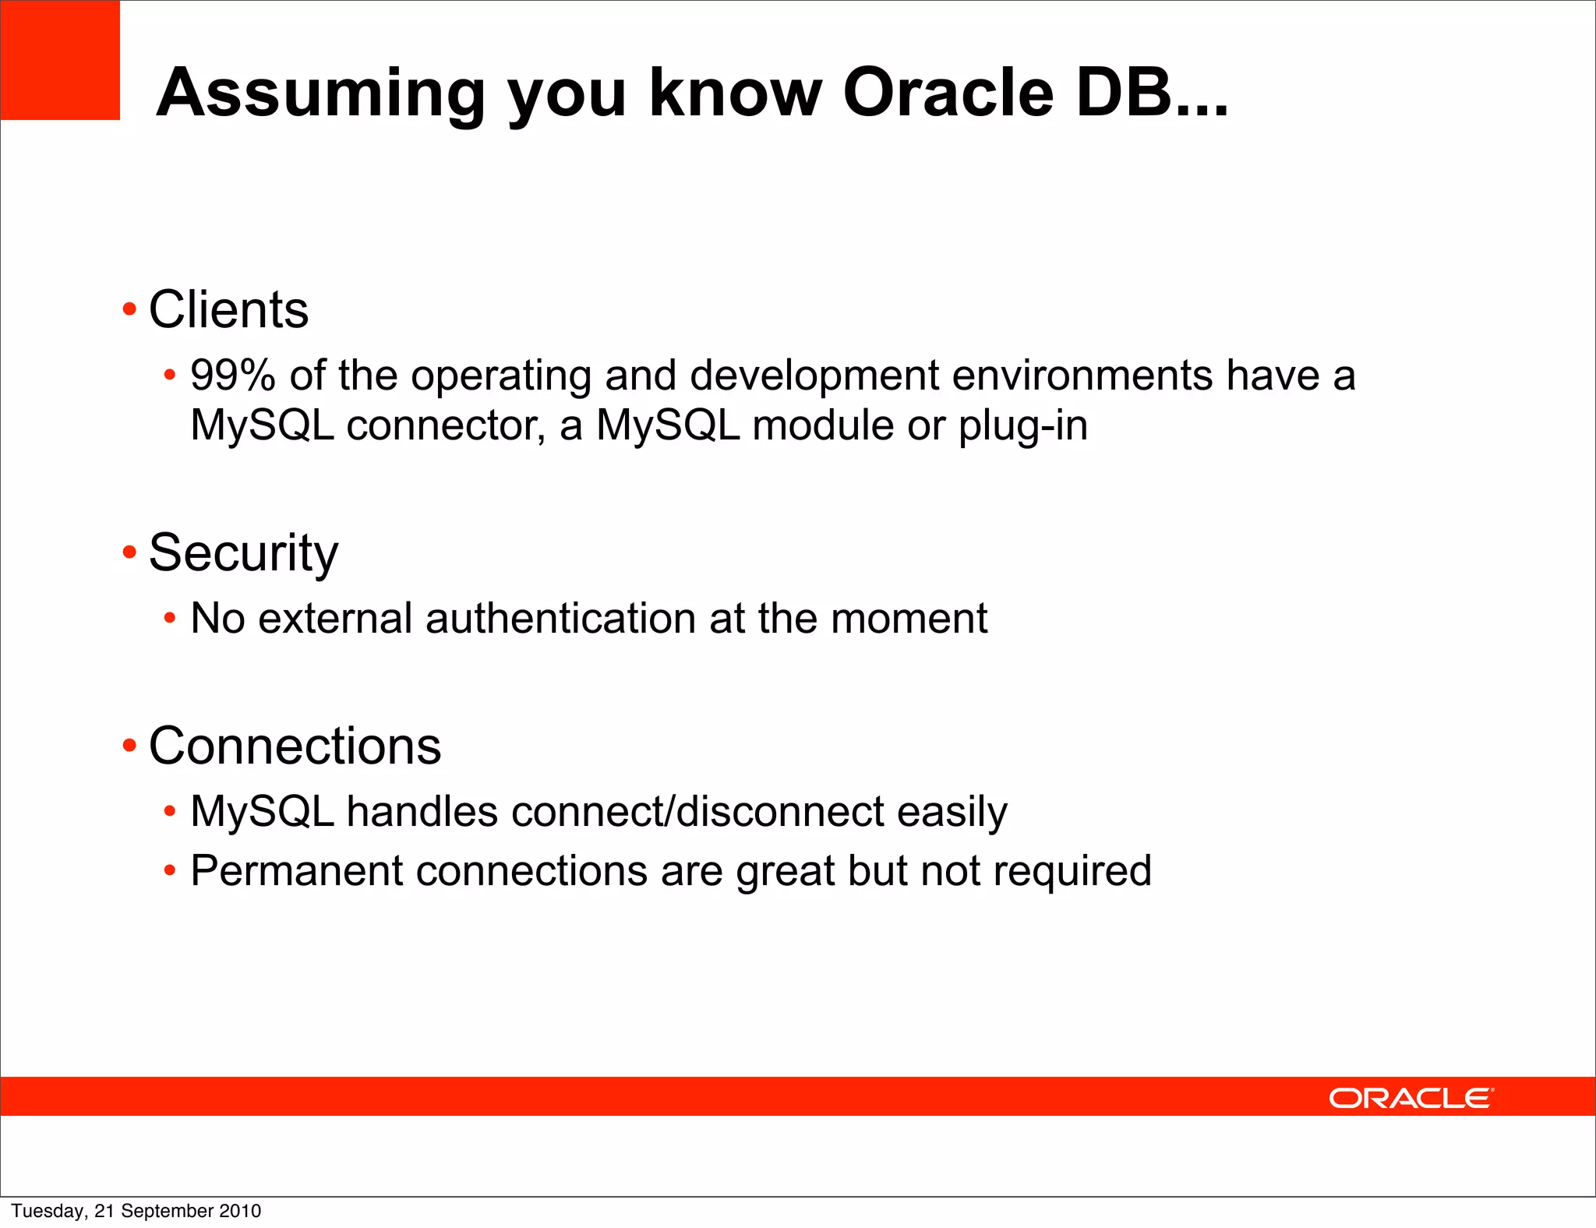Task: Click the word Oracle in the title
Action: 948,93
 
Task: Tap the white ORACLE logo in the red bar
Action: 1411,1098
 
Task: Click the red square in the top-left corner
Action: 60,60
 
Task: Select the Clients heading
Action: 228,310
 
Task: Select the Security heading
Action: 243,553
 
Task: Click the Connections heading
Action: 295,746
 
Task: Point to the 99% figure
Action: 232,376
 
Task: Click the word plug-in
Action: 1022,426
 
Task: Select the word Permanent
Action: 296,871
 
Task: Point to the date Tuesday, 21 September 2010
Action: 136,1211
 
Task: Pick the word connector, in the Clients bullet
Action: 446,426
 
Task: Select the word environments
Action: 1082,376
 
